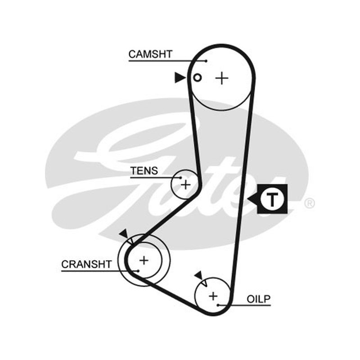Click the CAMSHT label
point(150,54)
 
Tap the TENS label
point(144,171)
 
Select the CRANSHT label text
point(86,264)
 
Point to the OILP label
point(259,299)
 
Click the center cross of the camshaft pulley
point(222,78)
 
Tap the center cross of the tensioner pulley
point(186,184)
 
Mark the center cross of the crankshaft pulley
point(144,261)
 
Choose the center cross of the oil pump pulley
point(213,296)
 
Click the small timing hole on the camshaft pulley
point(198,77)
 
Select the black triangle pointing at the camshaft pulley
point(180,77)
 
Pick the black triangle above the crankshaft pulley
point(124,234)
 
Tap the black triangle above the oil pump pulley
point(198,275)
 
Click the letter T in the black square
point(272,199)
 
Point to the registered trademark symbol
point(309,203)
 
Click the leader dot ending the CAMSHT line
point(206,61)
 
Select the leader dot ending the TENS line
point(181,177)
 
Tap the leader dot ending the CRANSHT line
point(138,271)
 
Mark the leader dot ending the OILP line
point(218,305)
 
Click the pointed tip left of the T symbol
point(247,199)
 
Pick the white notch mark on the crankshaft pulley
point(130,241)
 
